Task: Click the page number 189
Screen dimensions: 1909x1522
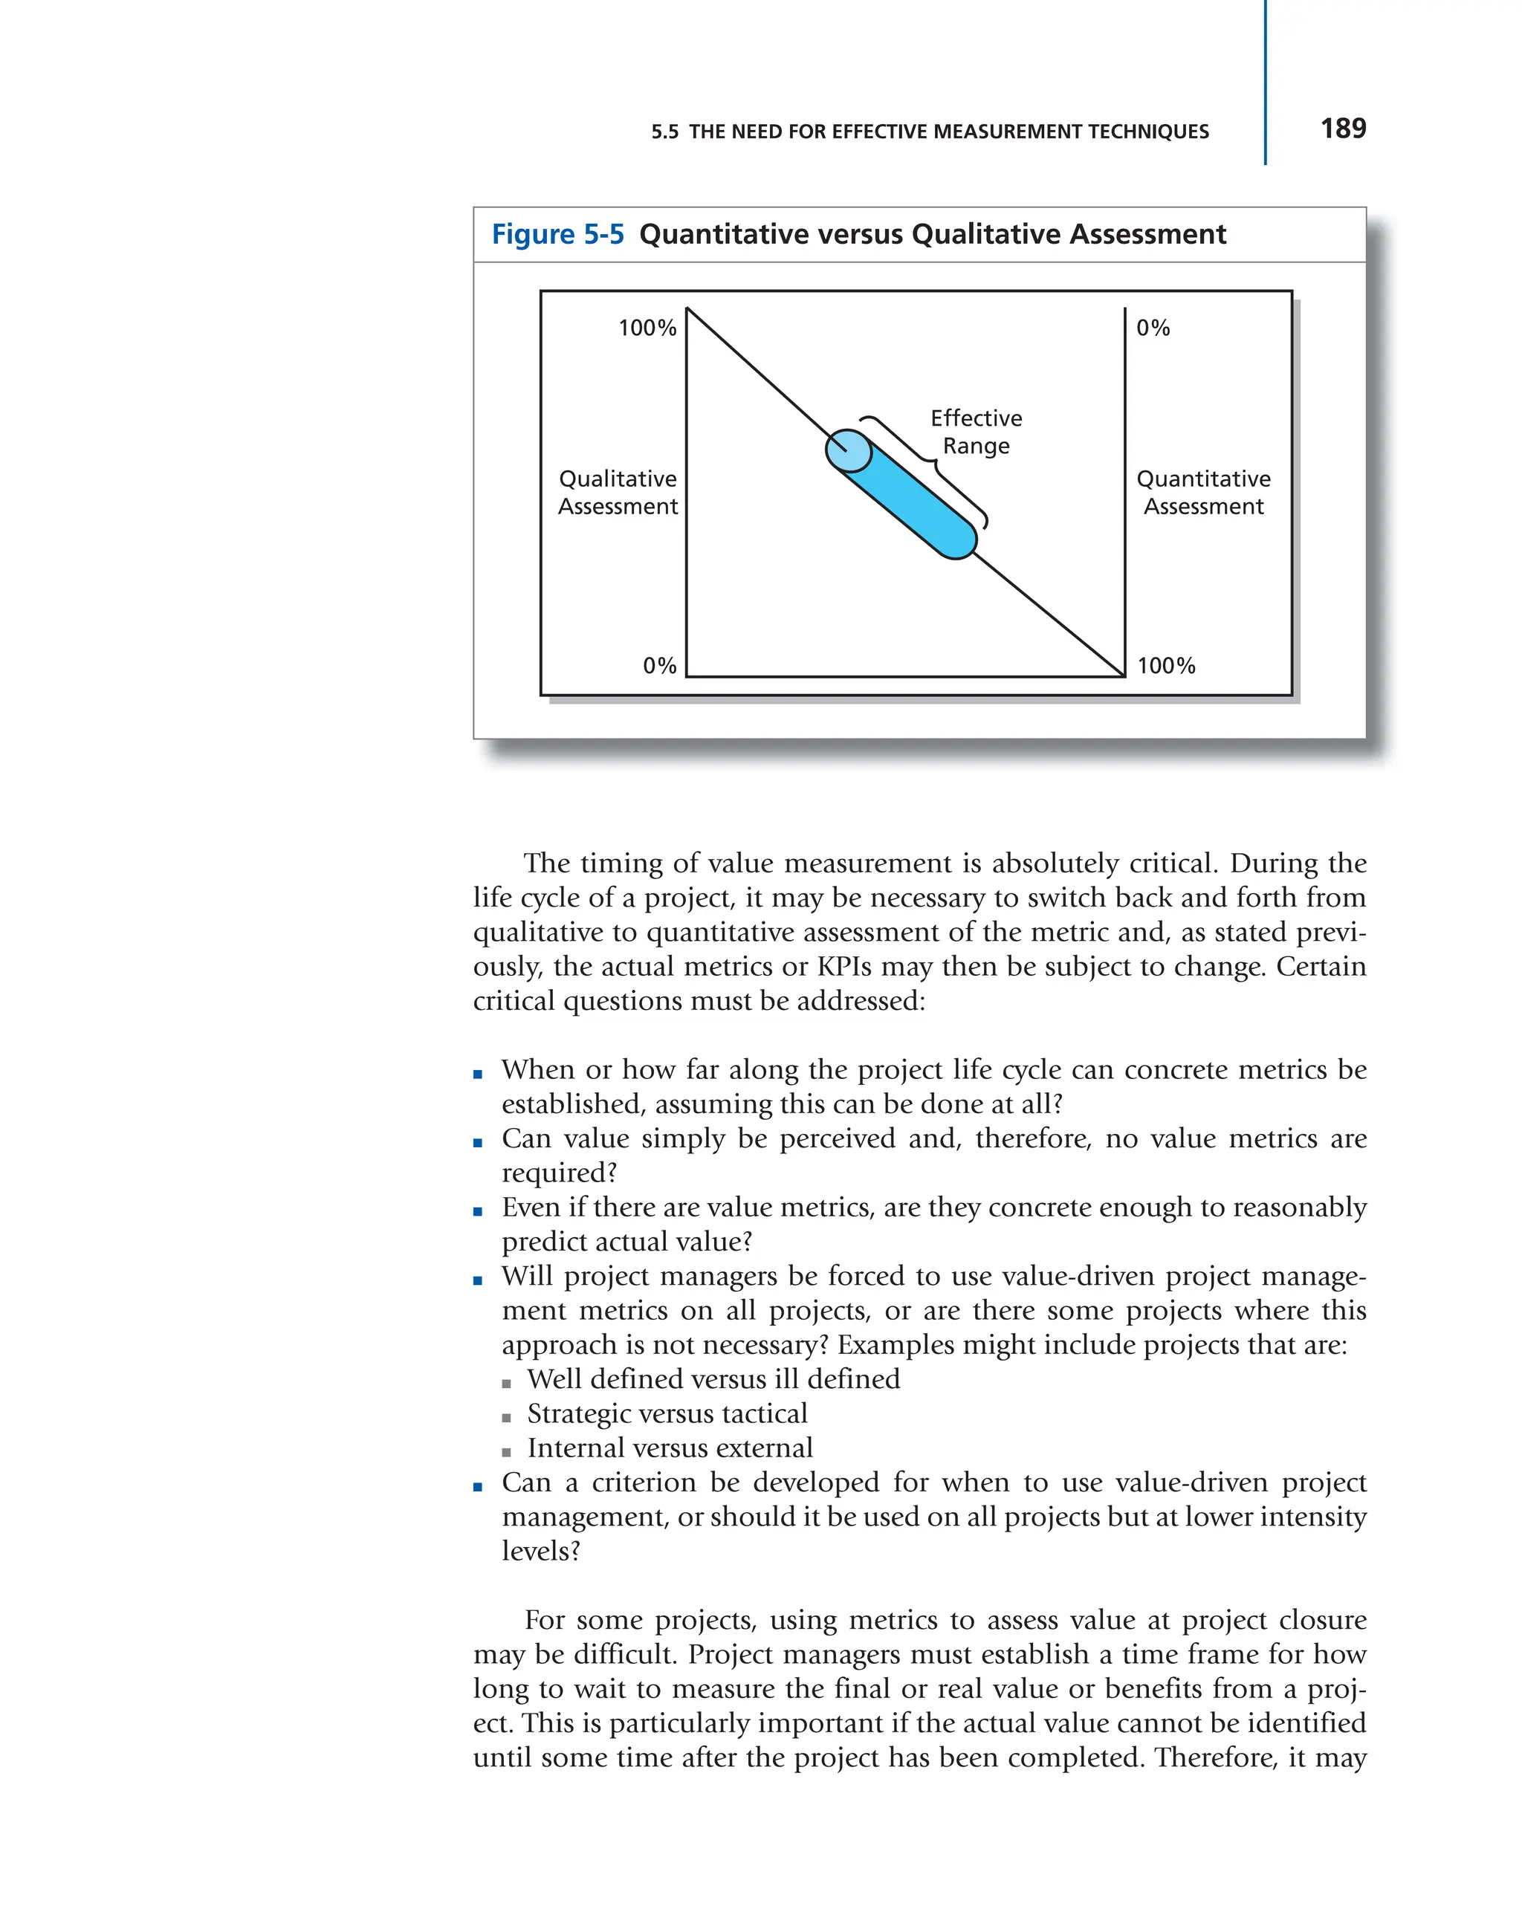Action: coord(1342,129)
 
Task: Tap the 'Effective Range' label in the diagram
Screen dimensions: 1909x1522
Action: coord(975,431)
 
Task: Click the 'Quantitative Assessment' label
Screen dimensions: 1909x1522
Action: coord(1202,493)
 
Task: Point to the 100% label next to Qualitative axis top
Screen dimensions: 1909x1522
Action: coord(647,328)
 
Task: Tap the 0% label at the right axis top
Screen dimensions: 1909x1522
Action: coord(1152,328)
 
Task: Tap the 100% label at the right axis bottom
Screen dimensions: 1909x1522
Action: coord(1165,666)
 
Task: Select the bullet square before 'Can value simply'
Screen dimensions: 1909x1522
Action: coord(478,1143)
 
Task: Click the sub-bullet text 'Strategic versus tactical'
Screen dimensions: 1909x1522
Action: coord(667,1413)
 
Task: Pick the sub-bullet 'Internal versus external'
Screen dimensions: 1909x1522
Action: coord(670,1448)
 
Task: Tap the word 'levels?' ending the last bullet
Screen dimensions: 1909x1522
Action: coord(540,1552)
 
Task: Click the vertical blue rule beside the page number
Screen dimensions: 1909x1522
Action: coord(1264,84)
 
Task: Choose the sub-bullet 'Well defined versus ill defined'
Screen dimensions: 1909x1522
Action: coord(713,1379)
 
